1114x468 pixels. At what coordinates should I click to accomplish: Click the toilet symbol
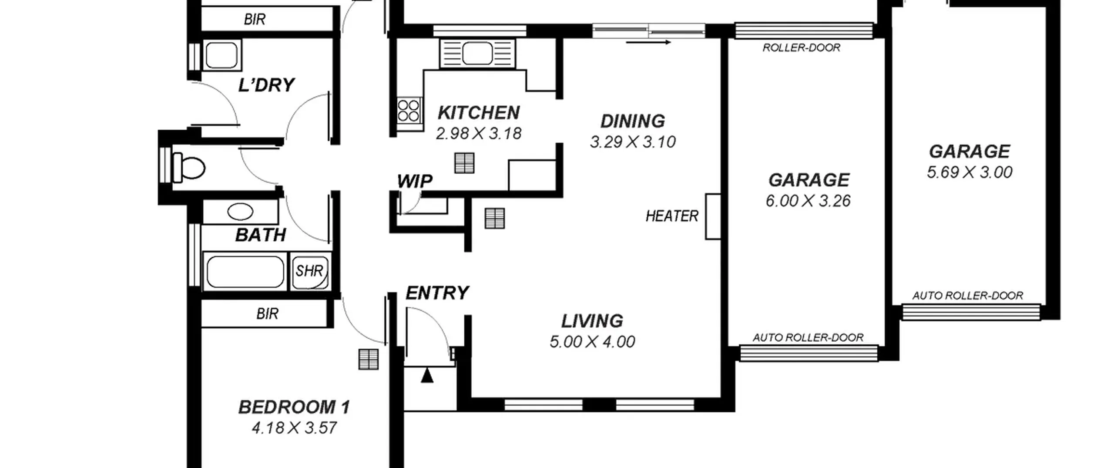coord(188,168)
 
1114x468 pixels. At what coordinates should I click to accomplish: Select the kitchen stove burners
coord(409,111)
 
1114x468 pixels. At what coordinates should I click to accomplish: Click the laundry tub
coord(221,55)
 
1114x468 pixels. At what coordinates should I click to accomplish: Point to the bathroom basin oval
coord(240,212)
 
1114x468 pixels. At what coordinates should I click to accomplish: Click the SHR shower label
coord(309,271)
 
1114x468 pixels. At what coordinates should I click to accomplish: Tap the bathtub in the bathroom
coord(245,272)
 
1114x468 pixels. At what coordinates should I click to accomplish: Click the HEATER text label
coord(672,216)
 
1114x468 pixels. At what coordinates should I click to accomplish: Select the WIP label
coord(415,181)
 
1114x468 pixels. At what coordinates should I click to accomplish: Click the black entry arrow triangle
coord(427,375)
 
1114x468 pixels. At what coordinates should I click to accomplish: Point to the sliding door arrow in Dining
coord(648,42)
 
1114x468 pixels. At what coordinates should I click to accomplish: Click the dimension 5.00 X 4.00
coord(592,342)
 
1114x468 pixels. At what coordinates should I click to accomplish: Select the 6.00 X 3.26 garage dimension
coord(808,201)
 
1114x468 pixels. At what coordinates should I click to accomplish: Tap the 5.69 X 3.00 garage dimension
coord(970,172)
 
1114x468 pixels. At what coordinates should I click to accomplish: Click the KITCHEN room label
coord(479,113)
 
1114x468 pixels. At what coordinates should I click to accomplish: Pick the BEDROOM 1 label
coord(294,407)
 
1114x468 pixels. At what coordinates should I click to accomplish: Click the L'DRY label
coord(266,85)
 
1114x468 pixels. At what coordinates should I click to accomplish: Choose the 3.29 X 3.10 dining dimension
coord(633,142)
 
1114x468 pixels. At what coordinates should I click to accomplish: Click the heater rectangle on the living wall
coord(713,216)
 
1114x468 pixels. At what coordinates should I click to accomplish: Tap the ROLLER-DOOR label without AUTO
coord(802,47)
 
